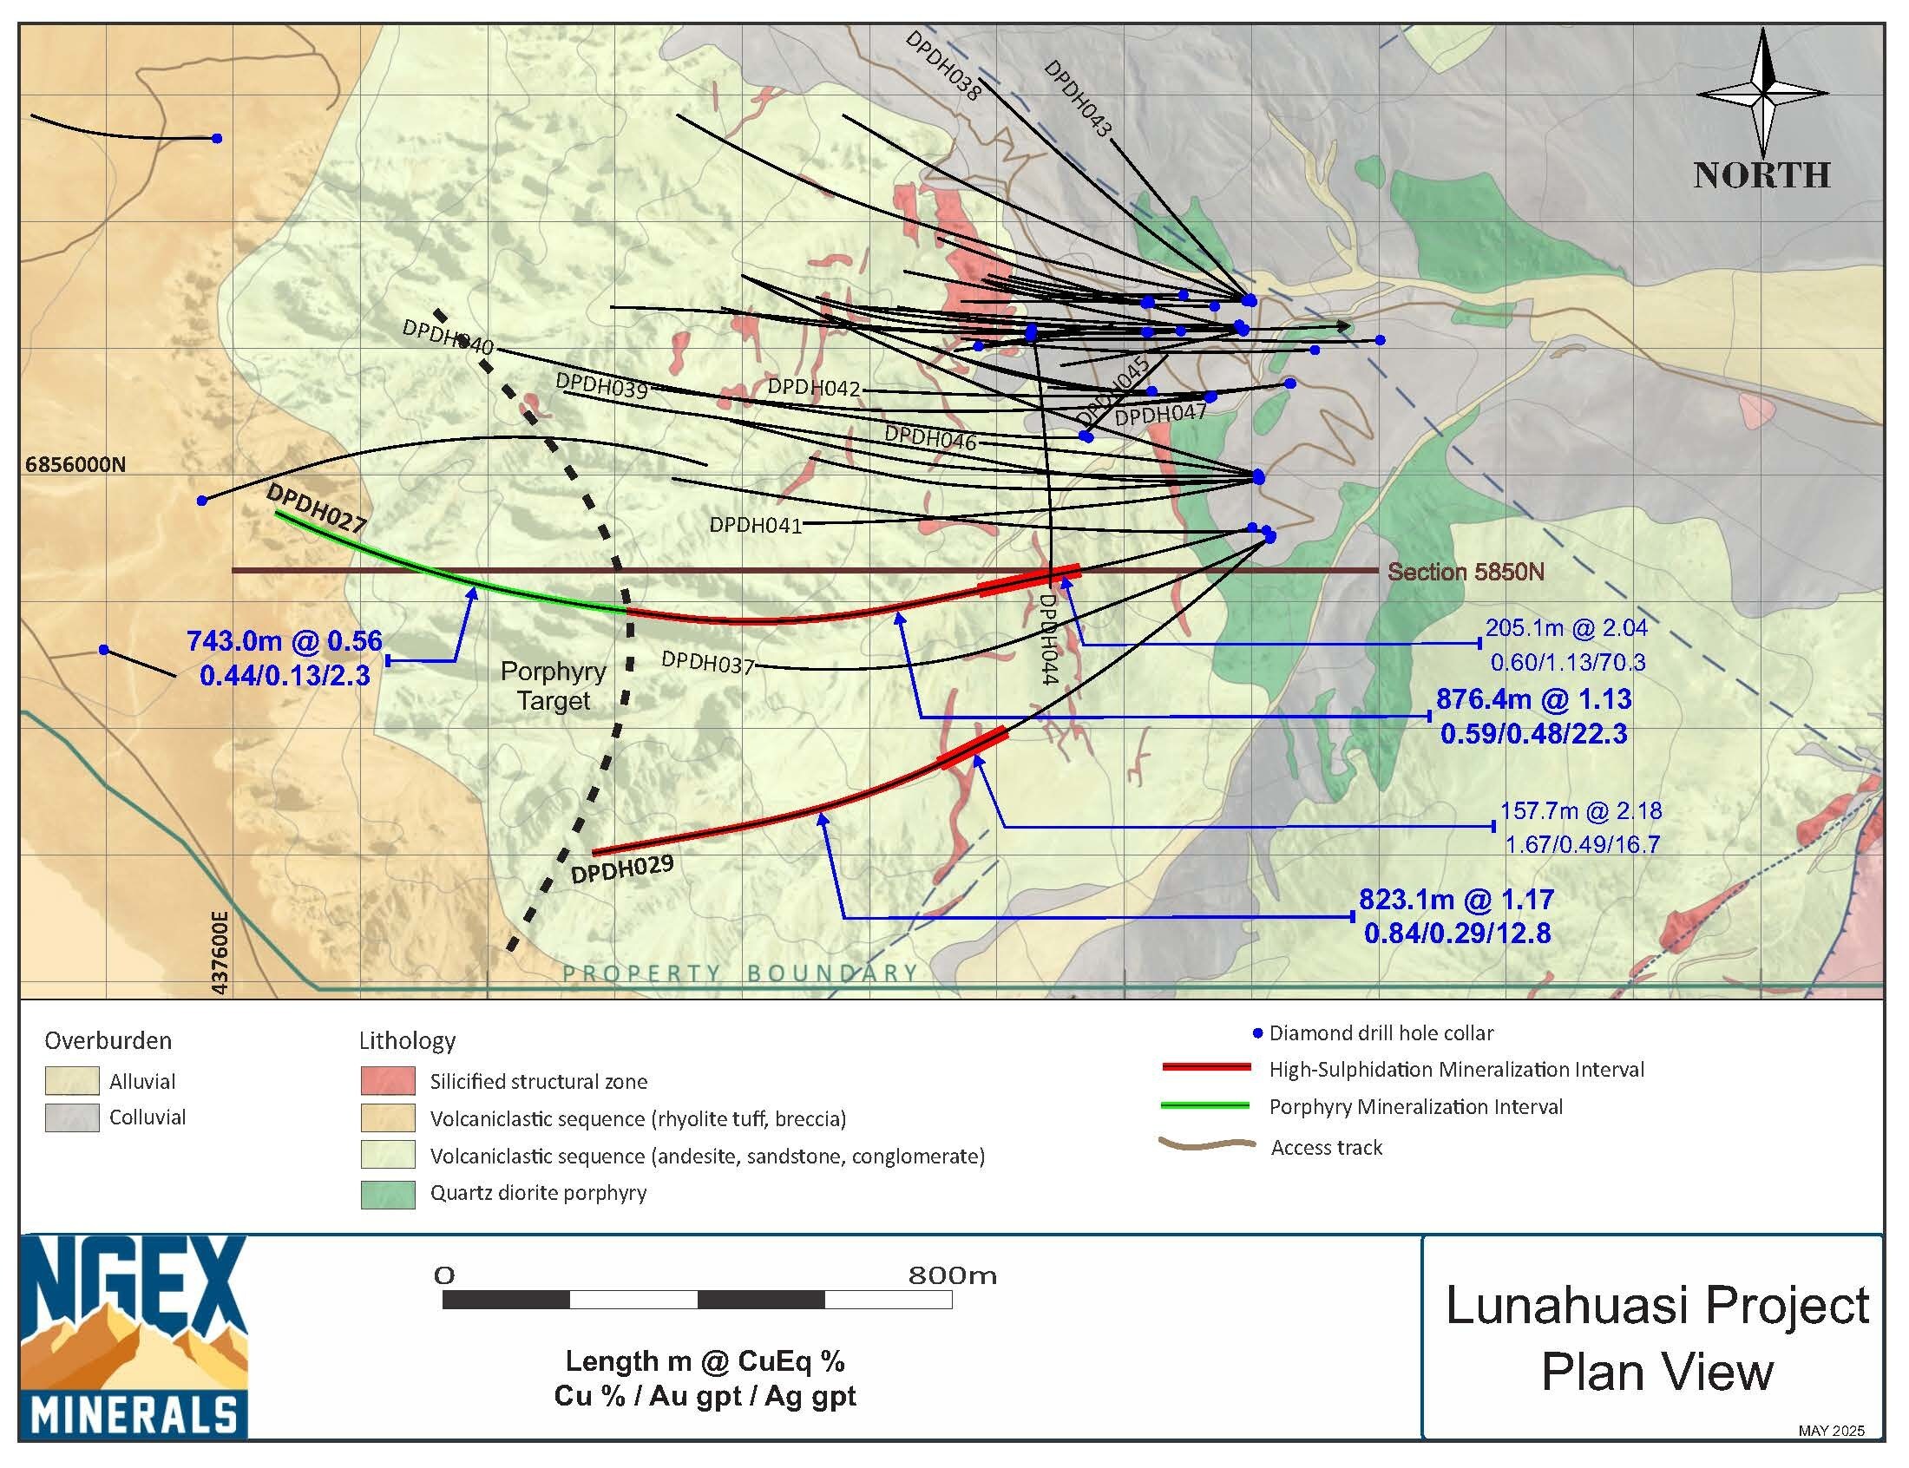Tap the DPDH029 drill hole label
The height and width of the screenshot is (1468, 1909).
[621, 869]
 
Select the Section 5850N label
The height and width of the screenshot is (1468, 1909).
[1466, 573]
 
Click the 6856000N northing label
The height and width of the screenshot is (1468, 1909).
[75, 464]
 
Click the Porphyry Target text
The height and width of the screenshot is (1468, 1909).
[552, 686]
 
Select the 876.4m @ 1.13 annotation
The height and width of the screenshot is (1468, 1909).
[1533, 699]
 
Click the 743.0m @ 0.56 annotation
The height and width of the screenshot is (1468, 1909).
[284, 640]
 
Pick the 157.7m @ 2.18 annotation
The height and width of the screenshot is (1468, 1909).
[1579, 811]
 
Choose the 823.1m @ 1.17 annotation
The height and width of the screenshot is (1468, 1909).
[1455, 899]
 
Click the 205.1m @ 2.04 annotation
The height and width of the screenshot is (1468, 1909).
[1565, 627]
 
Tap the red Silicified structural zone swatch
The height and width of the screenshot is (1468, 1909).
[388, 1081]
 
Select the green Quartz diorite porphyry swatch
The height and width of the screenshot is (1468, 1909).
[388, 1194]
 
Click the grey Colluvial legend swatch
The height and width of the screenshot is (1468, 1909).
[72, 1117]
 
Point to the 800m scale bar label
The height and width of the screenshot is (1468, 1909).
[951, 1275]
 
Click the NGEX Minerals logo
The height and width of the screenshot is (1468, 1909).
[133, 1336]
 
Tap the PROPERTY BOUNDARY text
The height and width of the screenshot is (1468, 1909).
[739, 973]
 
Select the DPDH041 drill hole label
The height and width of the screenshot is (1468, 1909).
[755, 525]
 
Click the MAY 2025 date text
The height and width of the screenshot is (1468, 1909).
[1830, 1431]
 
